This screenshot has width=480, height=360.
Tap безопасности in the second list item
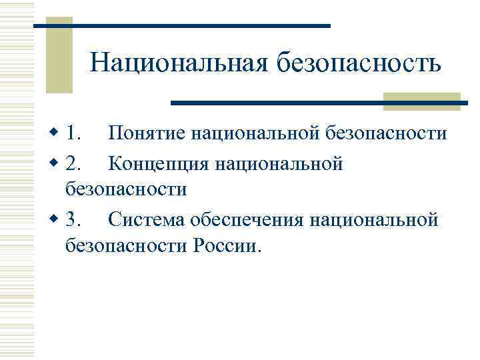(125, 189)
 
